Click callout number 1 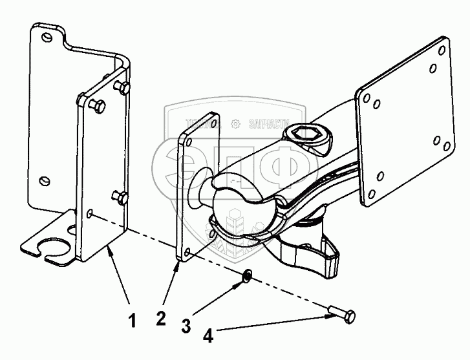[133, 320]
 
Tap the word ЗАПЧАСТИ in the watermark [266, 122]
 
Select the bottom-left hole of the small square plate [187, 253]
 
